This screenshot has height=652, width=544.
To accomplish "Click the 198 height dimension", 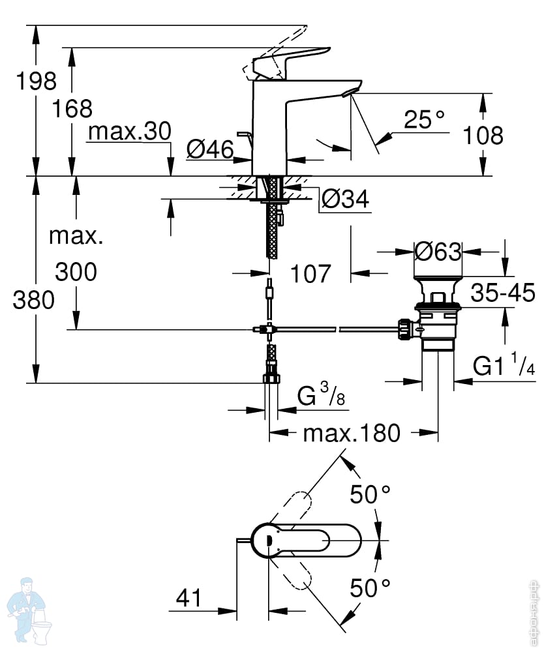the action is click(36, 81).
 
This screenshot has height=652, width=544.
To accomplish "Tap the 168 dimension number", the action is click(72, 108).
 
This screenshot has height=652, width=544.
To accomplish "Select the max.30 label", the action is click(130, 131).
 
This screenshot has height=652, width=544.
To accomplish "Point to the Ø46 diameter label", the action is click(210, 149).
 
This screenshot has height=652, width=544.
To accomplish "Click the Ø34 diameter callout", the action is click(345, 199).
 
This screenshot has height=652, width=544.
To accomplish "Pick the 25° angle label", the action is click(424, 119).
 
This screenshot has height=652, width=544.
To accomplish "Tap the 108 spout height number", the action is click(483, 136).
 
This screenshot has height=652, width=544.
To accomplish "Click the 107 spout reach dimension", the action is click(310, 274).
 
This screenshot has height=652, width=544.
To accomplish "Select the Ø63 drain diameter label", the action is click(438, 252).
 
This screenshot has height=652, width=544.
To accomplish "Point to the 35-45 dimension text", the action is click(503, 292).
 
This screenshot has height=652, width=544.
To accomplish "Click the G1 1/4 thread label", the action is click(504, 364).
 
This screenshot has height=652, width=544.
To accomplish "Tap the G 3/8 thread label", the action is click(321, 394).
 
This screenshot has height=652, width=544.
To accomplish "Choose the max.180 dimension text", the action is click(352, 433).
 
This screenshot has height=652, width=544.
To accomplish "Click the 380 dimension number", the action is click(34, 299).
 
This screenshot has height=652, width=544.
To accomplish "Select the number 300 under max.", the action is click(76, 271).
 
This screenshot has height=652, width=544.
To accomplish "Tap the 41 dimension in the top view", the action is click(189, 598).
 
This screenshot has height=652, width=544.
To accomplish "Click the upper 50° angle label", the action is click(370, 494).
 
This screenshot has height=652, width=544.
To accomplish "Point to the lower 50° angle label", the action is click(370, 588).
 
